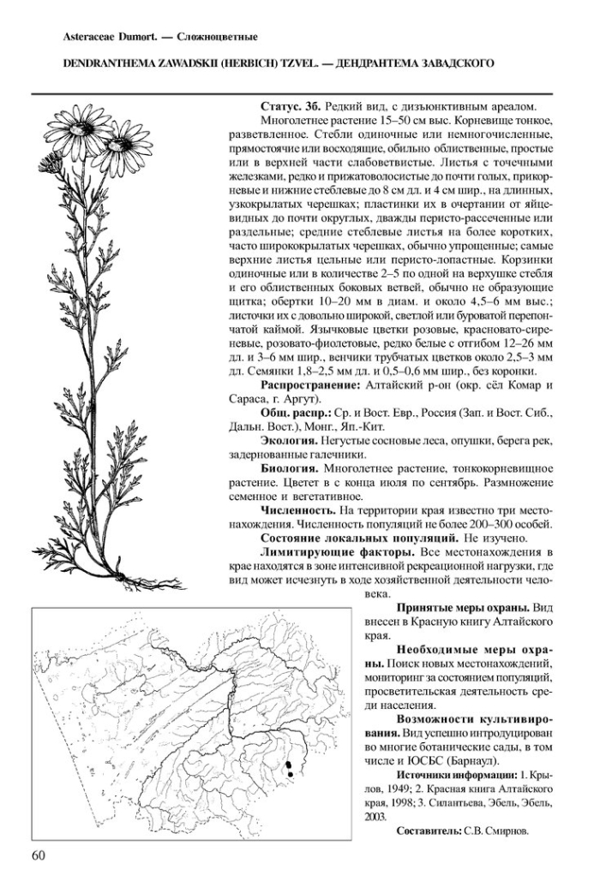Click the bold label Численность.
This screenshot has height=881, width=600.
[299, 509]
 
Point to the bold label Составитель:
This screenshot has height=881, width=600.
[429, 830]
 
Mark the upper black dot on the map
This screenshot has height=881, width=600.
[289, 764]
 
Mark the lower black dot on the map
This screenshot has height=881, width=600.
[291, 775]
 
